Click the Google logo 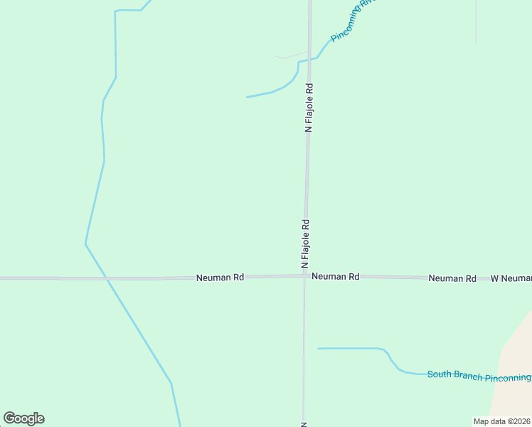[x=23, y=418]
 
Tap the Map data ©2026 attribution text [x=501, y=421]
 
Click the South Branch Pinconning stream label [x=479, y=376]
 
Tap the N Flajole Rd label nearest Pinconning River [x=309, y=108]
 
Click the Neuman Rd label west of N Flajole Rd [x=220, y=278]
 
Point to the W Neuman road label [x=511, y=278]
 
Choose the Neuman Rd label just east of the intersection [x=335, y=276]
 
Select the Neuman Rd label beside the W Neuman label [x=452, y=278]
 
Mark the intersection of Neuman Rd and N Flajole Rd [x=304, y=276]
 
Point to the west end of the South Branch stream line [x=318, y=348]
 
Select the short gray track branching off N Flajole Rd [x=292, y=56]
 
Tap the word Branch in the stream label [x=471, y=376]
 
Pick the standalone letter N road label [x=304, y=423]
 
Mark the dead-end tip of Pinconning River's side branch [x=247, y=97]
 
